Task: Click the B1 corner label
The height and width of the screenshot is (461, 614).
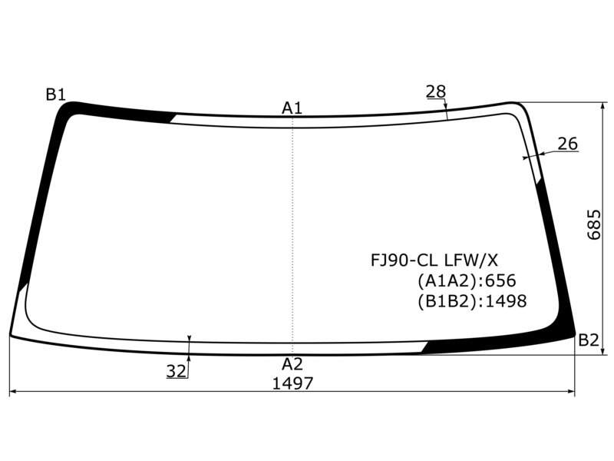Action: click(55, 95)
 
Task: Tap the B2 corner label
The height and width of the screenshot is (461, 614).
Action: click(589, 340)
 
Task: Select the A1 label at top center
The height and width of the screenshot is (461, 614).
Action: click(292, 108)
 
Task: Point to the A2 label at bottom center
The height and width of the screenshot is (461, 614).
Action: click(292, 364)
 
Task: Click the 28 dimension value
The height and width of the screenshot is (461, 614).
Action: click(436, 91)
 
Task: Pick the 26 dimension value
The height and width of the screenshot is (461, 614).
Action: click(567, 144)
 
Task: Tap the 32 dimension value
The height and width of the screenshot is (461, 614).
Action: click(177, 371)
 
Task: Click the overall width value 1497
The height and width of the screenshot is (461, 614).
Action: click(293, 383)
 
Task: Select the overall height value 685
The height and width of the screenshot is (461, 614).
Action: click(594, 224)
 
